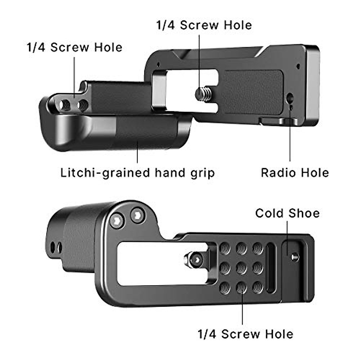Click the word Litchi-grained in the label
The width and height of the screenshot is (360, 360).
pos(105,173)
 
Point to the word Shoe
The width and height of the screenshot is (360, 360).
pos(304,213)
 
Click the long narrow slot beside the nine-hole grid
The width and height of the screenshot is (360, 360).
pos(271,268)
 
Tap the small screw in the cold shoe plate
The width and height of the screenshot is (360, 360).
pos(295,257)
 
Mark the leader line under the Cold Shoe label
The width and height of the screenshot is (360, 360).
pos(287,238)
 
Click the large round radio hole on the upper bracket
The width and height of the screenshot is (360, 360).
pos(290,97)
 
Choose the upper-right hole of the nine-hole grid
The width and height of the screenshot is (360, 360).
pos(258,249)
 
